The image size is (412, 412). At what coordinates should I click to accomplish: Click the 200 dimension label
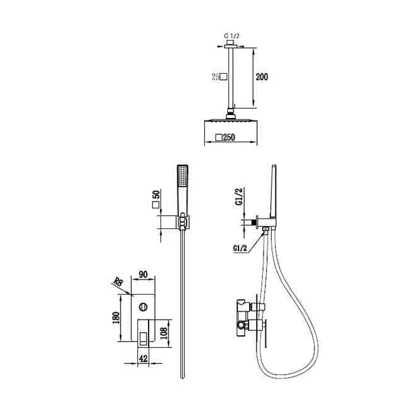click(x=262, y=77)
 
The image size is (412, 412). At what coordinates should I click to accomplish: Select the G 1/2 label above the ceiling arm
click(x=232, y=36)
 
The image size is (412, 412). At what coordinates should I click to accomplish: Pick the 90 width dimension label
click(x=143, y=275)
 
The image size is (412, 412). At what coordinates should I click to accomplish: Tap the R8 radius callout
click(x=118, y=282)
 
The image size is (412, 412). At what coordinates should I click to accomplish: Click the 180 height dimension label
click(x=116, y=318)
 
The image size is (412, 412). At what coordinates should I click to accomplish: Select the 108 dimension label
click(x=164, y=333)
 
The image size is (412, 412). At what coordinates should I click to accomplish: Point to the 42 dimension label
click(x=143, y=358)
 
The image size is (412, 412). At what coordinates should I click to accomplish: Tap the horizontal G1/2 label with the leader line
click(x=240, y=248)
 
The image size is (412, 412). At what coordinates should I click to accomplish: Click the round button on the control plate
click(x=143, y=307)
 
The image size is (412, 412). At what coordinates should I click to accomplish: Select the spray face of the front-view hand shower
click(x=183, y=175)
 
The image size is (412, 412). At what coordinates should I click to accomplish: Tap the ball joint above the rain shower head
click(x=231, y=115)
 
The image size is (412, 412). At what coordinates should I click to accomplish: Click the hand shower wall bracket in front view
click(x=183, y=222)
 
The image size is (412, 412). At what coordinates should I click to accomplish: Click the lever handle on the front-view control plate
click(x=143, y=338)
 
